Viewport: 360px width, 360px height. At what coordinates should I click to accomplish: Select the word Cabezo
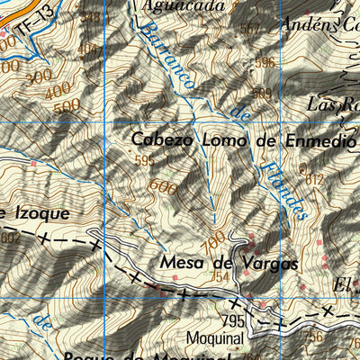point(160,139)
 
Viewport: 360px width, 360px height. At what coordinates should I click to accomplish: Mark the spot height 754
point(220,277)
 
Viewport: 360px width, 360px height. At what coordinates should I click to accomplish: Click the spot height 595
point(144,160)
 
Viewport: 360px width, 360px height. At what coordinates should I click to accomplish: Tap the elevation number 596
point(265,63)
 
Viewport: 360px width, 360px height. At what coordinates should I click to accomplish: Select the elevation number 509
point(261,93)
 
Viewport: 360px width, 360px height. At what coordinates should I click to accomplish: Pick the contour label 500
point(67,106)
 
